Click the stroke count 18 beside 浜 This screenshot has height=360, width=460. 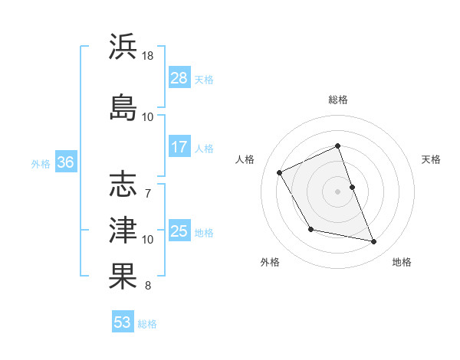coord(148,56)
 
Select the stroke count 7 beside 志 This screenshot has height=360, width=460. coord(148,192)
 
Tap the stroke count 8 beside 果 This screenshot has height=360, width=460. coord(148,286)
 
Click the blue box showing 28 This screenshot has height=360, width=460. coord(179,78)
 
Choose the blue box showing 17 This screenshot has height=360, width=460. coord(179,147)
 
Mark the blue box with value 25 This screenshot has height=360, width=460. coord(179,231)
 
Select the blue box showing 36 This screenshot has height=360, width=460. coord(66,162)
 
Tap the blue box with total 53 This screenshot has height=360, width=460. coord(123,322)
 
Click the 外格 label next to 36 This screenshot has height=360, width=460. coord(41,163)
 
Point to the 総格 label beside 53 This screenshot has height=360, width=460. coord(147,324)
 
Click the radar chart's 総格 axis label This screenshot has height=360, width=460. coord(338,100)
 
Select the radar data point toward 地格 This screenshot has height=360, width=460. coord(374,242)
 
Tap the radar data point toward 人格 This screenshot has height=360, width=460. coord(280,172)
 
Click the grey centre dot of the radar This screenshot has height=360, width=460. coord(337,191)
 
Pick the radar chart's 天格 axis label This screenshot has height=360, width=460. coord(431,159)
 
